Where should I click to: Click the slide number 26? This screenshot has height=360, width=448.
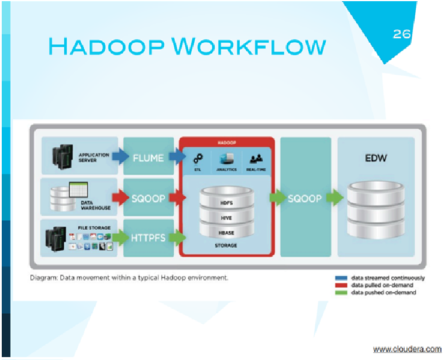point(402,34)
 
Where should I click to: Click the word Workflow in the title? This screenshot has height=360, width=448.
point(249,46)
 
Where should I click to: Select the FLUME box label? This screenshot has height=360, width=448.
point(149,158)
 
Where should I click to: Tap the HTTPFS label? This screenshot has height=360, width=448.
point(149,237)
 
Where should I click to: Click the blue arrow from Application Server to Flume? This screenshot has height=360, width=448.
point(120,156)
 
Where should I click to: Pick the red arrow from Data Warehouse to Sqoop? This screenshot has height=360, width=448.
point(120,198)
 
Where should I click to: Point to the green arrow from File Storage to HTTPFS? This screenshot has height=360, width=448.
point(120,237)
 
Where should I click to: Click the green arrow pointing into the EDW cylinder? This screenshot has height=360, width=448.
point(335,198)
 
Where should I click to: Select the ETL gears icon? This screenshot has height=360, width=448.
point(198,159)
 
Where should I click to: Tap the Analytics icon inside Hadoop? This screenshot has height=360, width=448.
point(226,159)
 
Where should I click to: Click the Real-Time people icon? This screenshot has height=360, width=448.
point(256,158)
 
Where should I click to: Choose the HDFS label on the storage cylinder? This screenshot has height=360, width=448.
point(226,203)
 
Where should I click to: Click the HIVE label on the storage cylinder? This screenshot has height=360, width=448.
point(226,218)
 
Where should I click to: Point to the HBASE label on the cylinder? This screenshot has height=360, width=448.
point(226,233)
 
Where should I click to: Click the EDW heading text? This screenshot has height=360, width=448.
point(375,158)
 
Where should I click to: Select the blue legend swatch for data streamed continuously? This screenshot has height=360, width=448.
point(341,278)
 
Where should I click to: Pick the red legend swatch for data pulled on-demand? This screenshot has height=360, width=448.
point(341,285)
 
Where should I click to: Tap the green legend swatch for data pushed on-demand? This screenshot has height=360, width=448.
point(341,293)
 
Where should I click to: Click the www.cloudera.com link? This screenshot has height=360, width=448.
point(408,349)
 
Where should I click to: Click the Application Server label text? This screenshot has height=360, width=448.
point(94,158)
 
